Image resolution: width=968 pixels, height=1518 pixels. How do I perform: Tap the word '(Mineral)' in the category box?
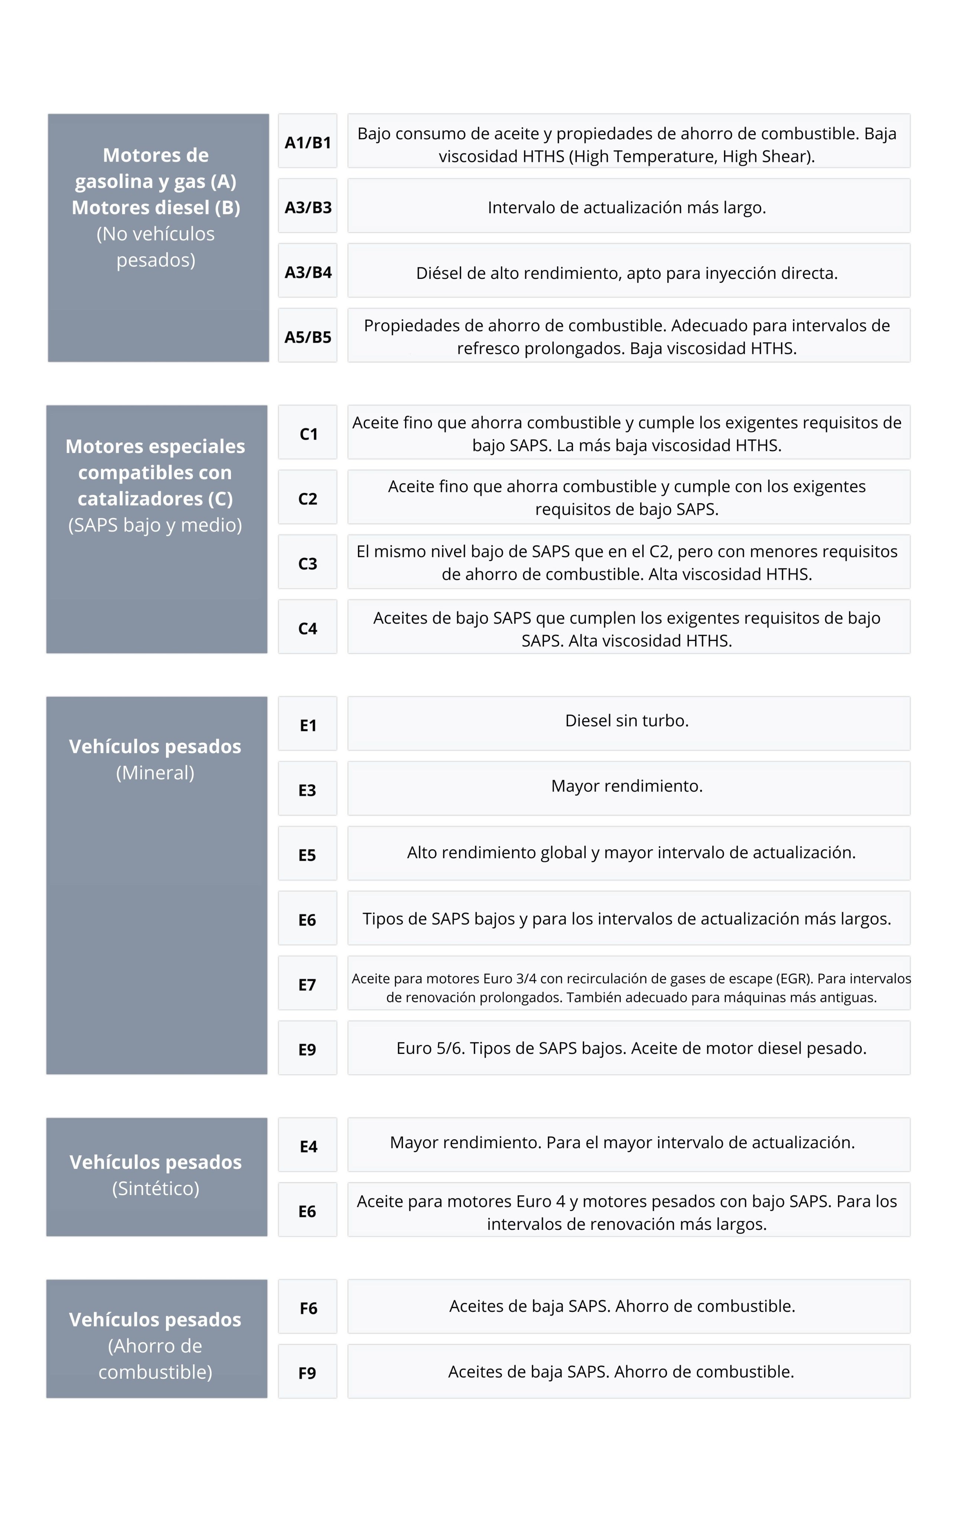pyautogui.click(x=155, y=773)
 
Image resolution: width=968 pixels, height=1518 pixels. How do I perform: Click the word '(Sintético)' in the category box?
pyautogui.click(x=156, y=1188)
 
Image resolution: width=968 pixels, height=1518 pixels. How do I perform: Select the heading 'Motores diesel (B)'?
pyautogui.click(x=156, y=208)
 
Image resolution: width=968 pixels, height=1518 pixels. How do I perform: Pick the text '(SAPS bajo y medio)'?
pyautogui.click(x=155, y=525)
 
